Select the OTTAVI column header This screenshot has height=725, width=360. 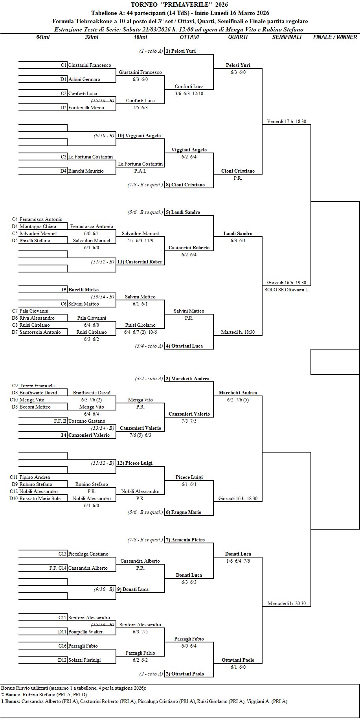coord(189,37)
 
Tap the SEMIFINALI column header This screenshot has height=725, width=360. coord(287,37)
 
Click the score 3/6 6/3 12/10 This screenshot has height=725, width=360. coord(189,94)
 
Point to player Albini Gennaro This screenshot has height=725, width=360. coord(84,79)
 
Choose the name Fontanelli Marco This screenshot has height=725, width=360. coord(86,108)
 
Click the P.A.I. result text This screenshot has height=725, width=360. coord(140,171)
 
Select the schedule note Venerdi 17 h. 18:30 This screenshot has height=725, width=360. coord(287,121)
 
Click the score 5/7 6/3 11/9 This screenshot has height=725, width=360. coord(140,241)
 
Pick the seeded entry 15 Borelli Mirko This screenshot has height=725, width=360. coord(79,290)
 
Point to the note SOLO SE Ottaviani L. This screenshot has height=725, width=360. coord(287,290)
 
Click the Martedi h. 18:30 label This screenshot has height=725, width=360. coord(238,332)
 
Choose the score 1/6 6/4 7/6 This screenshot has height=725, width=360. coord(238,561)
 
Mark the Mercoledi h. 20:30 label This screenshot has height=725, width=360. coord(287,604)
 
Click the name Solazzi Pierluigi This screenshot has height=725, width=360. coord(84,660)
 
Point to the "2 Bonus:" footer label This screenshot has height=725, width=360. coord(11,695)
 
